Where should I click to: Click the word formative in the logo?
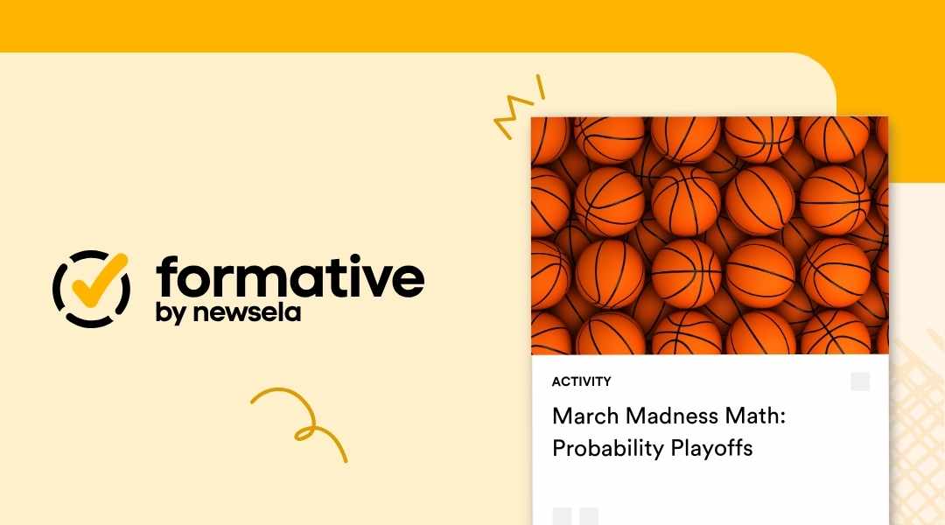290,278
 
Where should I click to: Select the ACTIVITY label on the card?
581,381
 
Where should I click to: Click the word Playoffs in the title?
711,449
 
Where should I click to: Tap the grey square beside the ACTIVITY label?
860,381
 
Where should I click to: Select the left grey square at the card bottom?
562,516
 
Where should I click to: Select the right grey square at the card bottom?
589,516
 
